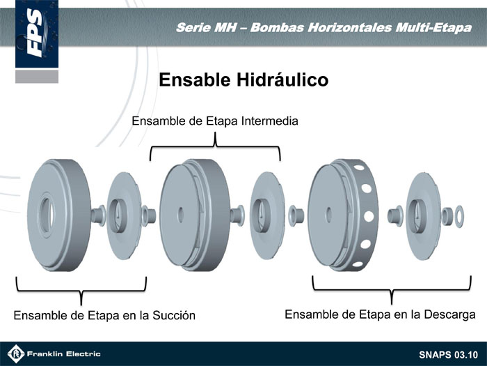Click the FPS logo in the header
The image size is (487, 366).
(x=37, y=33)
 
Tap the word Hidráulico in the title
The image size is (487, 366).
(x=282, y=79)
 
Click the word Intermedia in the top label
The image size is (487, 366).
(x=270, y=121)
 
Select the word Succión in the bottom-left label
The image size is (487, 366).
(x=174, y=315)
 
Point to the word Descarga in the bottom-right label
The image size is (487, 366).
(x=449, y=314)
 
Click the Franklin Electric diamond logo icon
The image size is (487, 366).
(x=15, y=354)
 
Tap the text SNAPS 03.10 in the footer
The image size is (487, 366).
(x=448, y=355)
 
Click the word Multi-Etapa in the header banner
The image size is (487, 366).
(x=433, y=28)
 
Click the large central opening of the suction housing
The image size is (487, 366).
(x=47, y=215)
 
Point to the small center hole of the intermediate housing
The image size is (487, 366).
(x=180, y=215)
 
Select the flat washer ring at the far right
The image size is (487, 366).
(x=459, y=216)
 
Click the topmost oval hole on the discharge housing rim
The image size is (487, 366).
(x=359, y=167)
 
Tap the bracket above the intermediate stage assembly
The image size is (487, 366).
(x=215, y=146)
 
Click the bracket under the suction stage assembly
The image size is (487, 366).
(x=81, y=291)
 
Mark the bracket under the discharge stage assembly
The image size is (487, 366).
(x=392, y=290)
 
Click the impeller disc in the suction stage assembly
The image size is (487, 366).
(x=124, y=216)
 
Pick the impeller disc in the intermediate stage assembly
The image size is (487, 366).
(x=266, y=215)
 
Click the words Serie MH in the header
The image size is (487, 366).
(x=206, y=28)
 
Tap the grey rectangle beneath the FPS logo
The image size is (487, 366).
(x=37, y=77)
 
